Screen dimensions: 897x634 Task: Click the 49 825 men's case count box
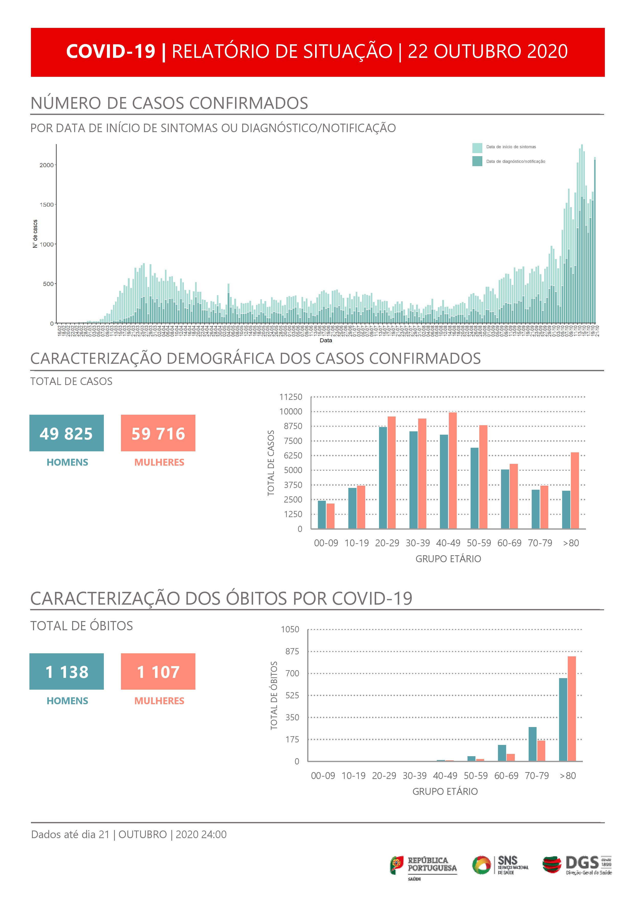pyautogui.click(x=66, y=433)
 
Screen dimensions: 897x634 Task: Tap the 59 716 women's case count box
pyautogui.click(x=158, y=433)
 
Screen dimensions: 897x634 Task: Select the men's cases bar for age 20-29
pyautogui.click(x=383, y=477)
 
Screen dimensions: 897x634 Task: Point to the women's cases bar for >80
pyautogui.click(x=575, y=490)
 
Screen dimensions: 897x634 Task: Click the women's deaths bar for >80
pyautogui.click(x=572, y=709)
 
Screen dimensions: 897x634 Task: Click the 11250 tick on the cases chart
pyautogui.click(x=291, y=397)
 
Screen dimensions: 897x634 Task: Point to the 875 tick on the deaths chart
pyautogui.click(x=292, y=651)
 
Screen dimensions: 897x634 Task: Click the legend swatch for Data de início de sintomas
pyautogui.click(x=477, y=148)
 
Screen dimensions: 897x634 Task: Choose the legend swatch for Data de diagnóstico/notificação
pyautogui.click(x=477, y=161)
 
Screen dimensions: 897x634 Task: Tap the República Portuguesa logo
pyautogui.click(x=424, y=865)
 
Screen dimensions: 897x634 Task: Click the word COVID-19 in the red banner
pyautogui.click(x=110, y=51)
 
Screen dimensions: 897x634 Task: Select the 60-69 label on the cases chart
pyautogui.click(x=509, y=543)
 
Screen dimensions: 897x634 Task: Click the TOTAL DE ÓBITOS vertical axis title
pyautogui.click(x=274, y=696)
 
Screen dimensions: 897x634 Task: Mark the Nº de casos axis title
pyautogui.click(x=35, y=234)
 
